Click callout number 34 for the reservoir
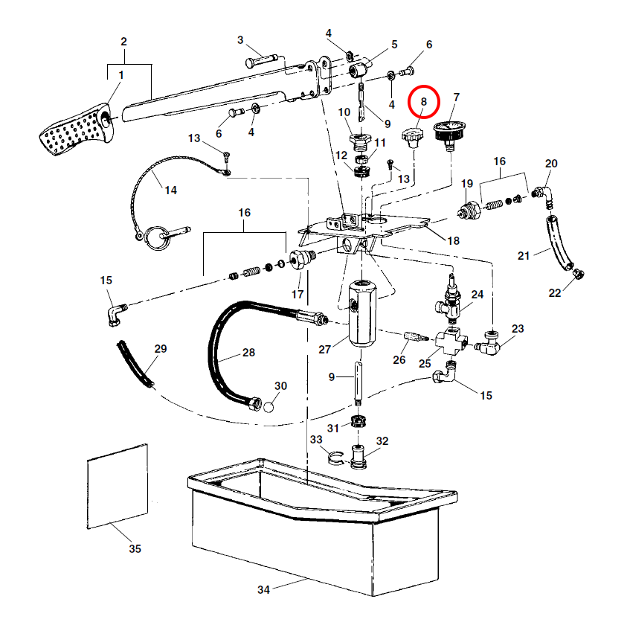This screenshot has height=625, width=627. point(263,590)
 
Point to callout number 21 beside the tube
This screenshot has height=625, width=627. point(524,256)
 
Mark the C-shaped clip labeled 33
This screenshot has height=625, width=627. point(335,457)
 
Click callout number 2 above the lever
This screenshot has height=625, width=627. point(124,41)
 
